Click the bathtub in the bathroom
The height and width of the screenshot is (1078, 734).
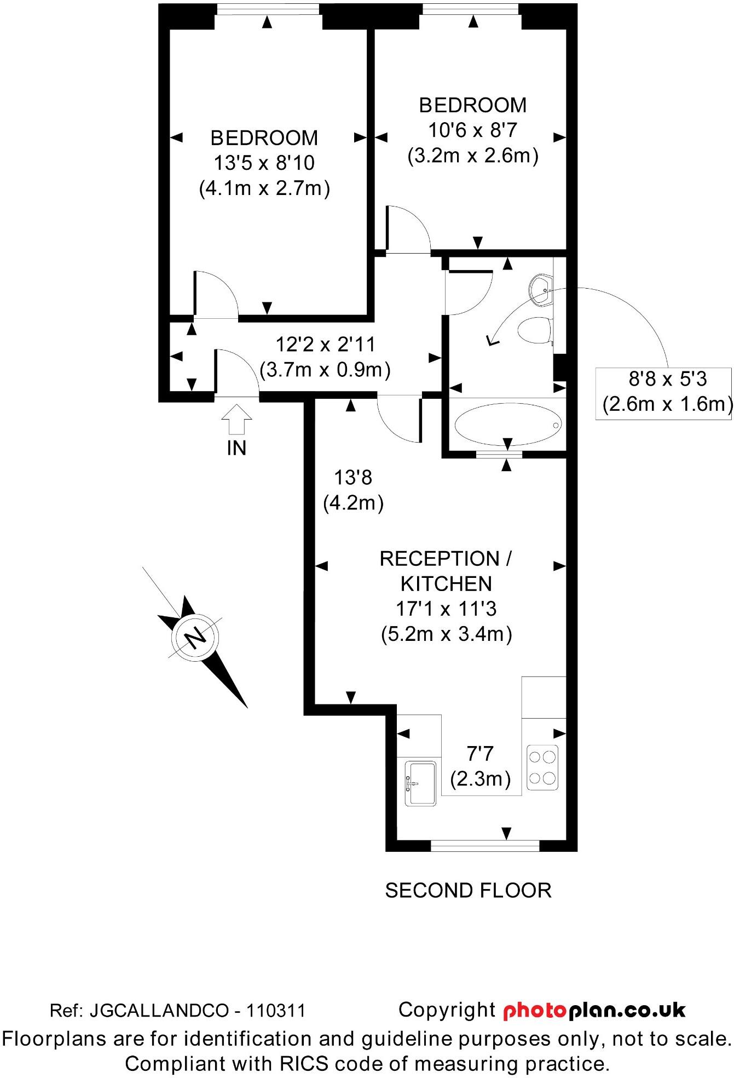[508, 425]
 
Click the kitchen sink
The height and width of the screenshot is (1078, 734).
[420, 783]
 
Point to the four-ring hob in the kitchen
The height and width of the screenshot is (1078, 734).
[542, 767]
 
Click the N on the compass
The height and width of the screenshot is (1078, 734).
[195, 638]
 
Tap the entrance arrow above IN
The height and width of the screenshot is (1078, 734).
[236, 420]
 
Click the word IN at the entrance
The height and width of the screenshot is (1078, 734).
[236, 448]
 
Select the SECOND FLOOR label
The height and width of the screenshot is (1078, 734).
[468, 891]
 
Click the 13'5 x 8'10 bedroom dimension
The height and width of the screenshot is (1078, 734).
[264, 163]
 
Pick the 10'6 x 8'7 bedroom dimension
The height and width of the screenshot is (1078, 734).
[473, 130]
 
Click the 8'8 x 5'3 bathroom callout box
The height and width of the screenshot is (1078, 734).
[663, 393]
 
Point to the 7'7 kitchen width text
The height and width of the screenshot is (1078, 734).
[480, 754]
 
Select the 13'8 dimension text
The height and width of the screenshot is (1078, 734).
[353, 478]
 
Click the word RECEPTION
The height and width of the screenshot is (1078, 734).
[439, 559]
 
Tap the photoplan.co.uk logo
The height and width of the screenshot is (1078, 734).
[594, 1010]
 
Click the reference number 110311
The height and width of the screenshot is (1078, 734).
[276, 1011]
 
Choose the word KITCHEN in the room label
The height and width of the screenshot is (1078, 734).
[446, 584]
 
